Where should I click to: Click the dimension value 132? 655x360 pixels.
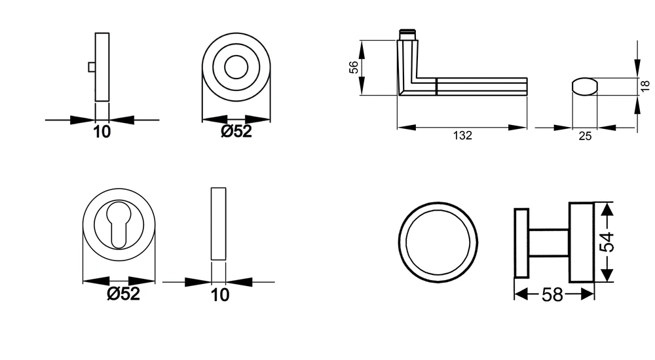click(462, 135)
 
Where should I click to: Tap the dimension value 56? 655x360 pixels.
click(354, 67)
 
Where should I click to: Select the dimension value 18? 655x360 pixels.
click(645, 86)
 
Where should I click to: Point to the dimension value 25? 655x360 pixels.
click(585, 136)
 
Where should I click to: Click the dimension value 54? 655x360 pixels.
click(607, 242)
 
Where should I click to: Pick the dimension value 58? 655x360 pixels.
click(552, 295)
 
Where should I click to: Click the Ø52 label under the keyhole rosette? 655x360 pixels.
click(123, 293)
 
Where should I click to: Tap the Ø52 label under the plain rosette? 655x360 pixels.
click(236, 131)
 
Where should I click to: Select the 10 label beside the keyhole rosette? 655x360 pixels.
click(219, 295)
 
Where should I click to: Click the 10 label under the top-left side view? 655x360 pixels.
click(102, 132)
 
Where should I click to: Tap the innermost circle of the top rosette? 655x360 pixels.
click(236, 67)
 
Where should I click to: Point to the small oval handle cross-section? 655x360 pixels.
click(585, 86)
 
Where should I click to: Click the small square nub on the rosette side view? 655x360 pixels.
click(92, 67)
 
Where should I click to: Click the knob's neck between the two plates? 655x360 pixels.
click(548, 242)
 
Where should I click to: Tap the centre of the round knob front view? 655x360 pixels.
click(438, 242)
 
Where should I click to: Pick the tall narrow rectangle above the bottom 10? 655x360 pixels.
click(219, 224)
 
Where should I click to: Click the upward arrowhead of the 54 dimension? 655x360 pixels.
click(607, 209)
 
